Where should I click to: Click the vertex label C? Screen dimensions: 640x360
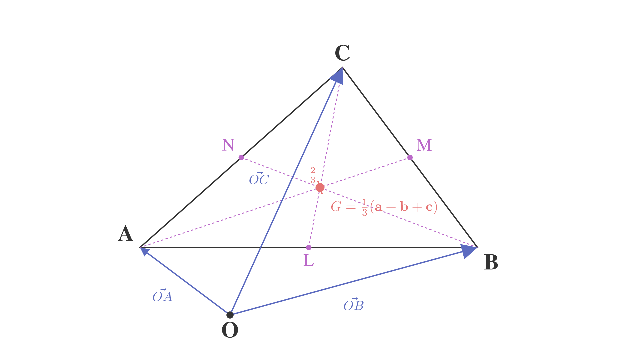(x=342, y=53)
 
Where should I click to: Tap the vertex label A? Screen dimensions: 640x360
(x=126, y=233)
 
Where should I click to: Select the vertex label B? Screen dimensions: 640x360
(x=491, y=262)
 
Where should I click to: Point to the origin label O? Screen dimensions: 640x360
(x=230, y=330)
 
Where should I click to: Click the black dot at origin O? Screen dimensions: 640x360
(x=230, y=315)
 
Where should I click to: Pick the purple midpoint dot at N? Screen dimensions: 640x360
(x=241, y=157)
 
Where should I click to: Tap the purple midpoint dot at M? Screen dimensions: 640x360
(x=410, y=157)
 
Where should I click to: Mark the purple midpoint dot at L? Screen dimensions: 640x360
(x=309, y=247)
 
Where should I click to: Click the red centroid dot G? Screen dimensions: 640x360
(x=320, y=187)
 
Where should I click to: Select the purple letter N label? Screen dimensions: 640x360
(x=228, y=145)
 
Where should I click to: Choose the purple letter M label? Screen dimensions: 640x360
(x=424, y=145)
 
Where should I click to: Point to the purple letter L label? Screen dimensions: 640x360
(x=309, y=260)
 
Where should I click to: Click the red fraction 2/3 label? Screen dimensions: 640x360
(x=313, y=175)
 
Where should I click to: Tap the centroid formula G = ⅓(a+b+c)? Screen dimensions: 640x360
(x=384, y=207)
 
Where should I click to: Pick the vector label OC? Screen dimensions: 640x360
(x=259, y=179)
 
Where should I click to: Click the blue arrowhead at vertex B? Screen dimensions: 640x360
(x=469, y=251)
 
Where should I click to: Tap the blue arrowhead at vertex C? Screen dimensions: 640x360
(x=337, y=76)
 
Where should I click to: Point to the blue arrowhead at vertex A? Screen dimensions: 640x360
(x=144, y=251)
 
